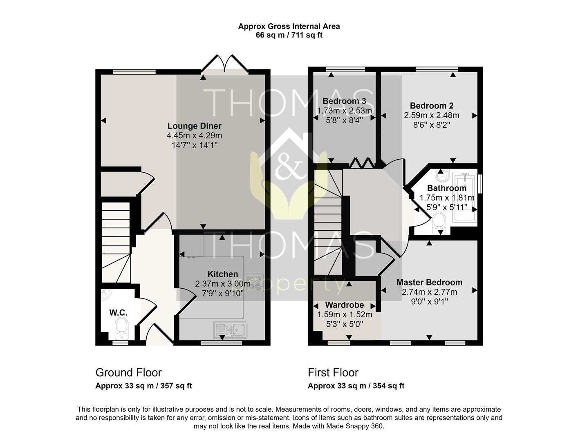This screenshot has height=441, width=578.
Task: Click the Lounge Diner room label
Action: click(x=194, y=126)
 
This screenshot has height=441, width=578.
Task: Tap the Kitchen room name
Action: click(x=222, y=274)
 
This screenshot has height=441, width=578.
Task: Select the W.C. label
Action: click(x=118, y=313)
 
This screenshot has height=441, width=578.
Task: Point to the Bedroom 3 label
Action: click(x=344, y=101)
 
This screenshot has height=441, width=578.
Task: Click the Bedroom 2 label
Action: click(x=432, y=106)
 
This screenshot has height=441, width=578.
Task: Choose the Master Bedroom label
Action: click(x=430, y=283)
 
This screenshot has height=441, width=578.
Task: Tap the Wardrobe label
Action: click(x=345, y=305)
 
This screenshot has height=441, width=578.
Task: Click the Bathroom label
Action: click(x=447, y=188)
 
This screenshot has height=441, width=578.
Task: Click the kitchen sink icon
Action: click(x=230, y=330)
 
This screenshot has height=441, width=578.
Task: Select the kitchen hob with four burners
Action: click(x=254, y=283)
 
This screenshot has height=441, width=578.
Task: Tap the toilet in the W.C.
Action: click(x=121, y=328)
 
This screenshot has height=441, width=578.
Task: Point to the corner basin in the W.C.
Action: click(x=106, y=295)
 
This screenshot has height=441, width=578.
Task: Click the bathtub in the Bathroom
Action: click(x=465, y=198)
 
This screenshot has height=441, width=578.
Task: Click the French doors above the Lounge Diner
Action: click(x=224, y=63)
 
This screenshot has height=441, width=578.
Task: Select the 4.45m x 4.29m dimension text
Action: click(x=194, y=136)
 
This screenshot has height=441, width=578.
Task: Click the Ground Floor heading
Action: click(x=128, y=373)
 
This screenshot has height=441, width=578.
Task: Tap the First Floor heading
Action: click(x=333, y=373)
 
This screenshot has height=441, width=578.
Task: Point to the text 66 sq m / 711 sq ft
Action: click(x=289, y=35)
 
